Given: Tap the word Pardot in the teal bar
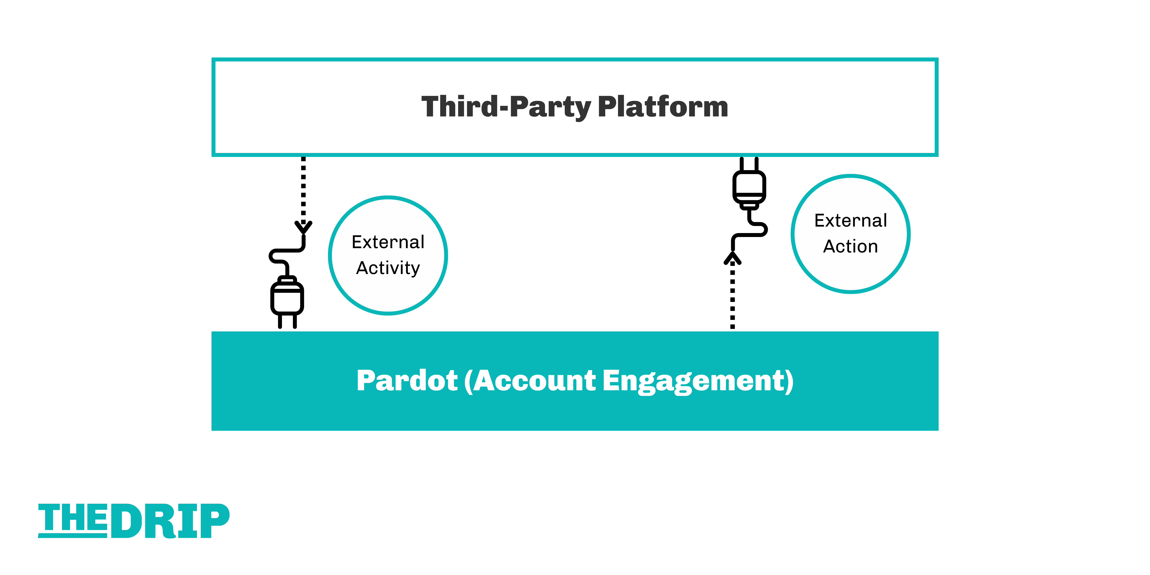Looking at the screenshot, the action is pos(407,381).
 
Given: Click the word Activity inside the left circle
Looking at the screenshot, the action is pos(388,268).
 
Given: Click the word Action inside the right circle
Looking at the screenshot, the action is pos(850,246).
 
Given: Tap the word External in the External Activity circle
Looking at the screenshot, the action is pos(388,242).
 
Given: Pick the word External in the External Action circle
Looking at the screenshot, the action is pos(850,220).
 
